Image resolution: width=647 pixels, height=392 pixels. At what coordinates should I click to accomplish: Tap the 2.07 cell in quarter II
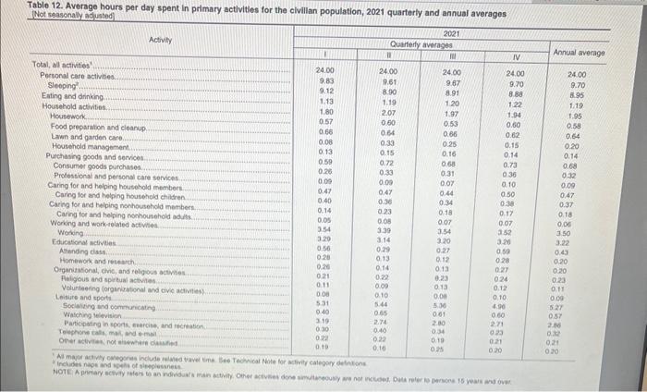tap(388, 111)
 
